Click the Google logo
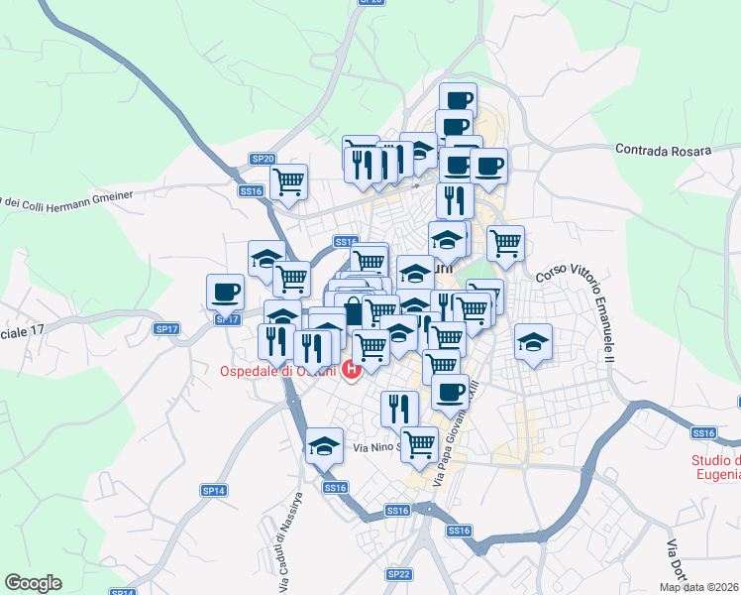pos(33,582)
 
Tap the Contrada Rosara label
pos(663,150)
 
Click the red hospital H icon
pos(350,371)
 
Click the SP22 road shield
pos(398,573)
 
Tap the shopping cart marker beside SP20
pos(289,181)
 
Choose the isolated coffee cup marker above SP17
pos(225,292)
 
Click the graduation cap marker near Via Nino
pos(324,445)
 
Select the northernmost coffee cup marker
pos(458,99)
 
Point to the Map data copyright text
pos(699,587)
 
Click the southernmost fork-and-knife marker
pos(399,408)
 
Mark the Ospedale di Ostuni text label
pos(278,372)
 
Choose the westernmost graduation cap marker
pos(266,258)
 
